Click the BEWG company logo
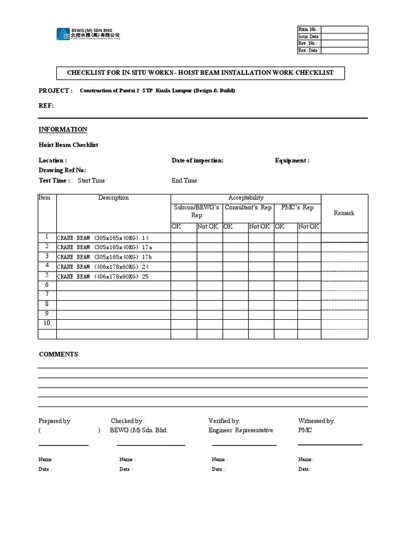tap(88, 34)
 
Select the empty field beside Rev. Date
tap(344, 50)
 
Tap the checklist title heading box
tap(200, 73)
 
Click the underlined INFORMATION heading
tap(63, 130)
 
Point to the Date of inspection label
tap(197, 160)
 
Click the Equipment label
tap(292, 160)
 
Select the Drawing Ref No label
tap(62, 170)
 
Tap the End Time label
tap(185, 180)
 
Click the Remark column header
tap(344, 213)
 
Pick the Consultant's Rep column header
tap(248, 208)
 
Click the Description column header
tap(113, 198)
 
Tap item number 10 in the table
tap(47, 323)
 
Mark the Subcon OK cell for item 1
tap(184, 237)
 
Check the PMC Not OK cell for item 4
tap(309, 267)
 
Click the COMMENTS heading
tap(58, 354)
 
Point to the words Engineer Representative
tap(240, 430)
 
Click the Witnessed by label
tap(316, 421)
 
